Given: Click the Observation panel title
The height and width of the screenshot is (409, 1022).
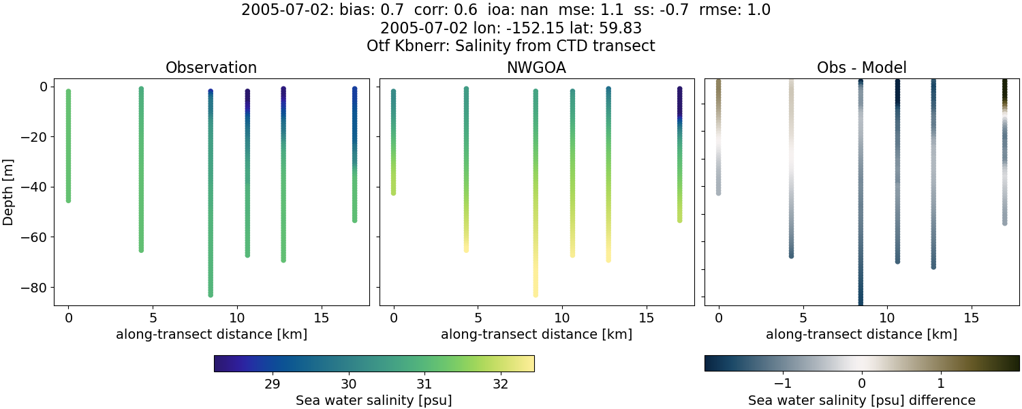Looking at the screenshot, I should point(211,67).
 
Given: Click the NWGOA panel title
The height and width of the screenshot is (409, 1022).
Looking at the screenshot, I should point(536,67).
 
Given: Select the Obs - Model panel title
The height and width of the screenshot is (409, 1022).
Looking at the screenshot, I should point(861,67).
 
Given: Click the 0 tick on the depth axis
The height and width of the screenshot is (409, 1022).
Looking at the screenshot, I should point(43,87).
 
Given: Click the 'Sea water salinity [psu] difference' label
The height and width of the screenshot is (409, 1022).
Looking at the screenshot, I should point(861,400).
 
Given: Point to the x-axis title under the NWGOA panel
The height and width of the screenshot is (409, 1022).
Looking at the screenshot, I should point(536,335).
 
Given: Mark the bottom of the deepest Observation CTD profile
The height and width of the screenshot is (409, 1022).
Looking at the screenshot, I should point(211,294).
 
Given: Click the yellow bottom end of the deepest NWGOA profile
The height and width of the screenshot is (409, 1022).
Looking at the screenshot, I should point(536,294).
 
